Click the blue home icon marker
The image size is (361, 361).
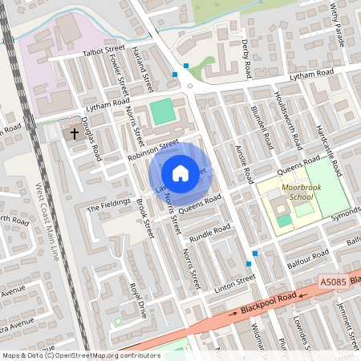[x=180, y=172]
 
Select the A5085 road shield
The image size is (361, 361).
[x=332, y=282]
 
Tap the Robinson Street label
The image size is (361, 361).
[x=152, y=150]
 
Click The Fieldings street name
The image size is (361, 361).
[x=108, y=205]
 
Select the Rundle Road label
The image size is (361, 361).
[x=209, y=233]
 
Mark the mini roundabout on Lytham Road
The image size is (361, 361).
[x=189, y=87]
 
